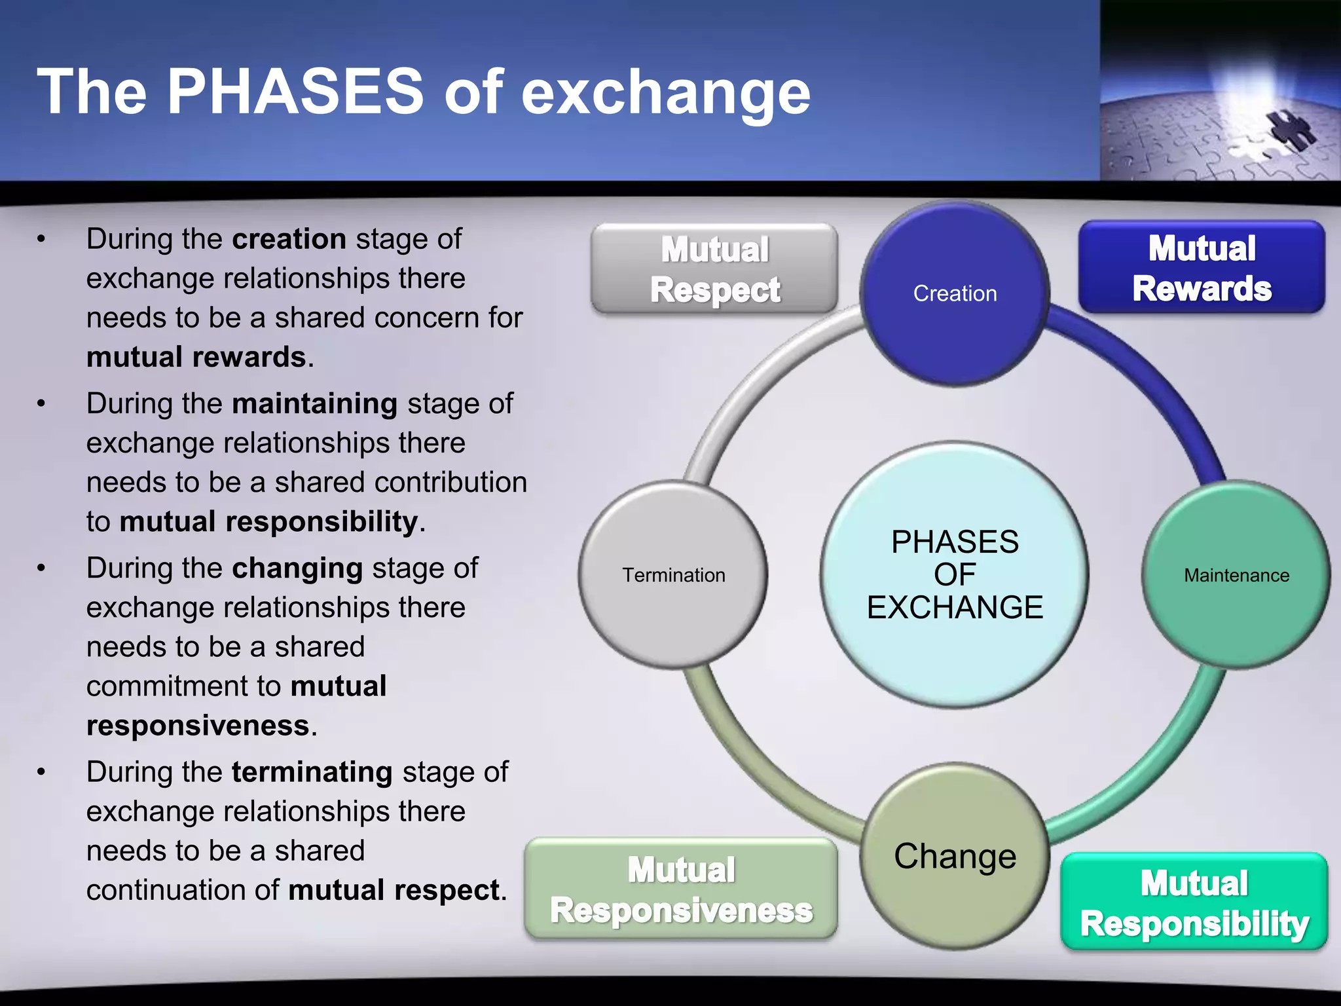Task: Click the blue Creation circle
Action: [x=955, y=293]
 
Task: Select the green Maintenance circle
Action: [x=1236, y=575]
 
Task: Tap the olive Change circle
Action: [x=955, y=856]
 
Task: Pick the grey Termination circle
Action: [x=673, y=575]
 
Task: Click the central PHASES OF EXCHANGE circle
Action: [x=955, y=575]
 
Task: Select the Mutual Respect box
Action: [x=714, y=269]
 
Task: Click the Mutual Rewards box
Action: [x=1202, y=267]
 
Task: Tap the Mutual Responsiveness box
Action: [x=681, y=889]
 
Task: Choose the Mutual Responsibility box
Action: [x=1194, y=902]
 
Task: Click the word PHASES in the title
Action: [x=295, y=92]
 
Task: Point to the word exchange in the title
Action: [x=665, y=94]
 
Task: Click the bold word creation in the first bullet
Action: [x=289, y=239]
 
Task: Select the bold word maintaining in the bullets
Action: [x=314, y=403]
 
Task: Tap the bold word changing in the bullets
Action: [x=297, y=568]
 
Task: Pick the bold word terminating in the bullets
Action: [x=312, y=772]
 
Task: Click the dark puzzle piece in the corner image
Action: [x=1290, y=130]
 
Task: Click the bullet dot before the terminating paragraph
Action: [x=41, y=772]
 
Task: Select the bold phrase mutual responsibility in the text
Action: [x=268, y=522]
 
